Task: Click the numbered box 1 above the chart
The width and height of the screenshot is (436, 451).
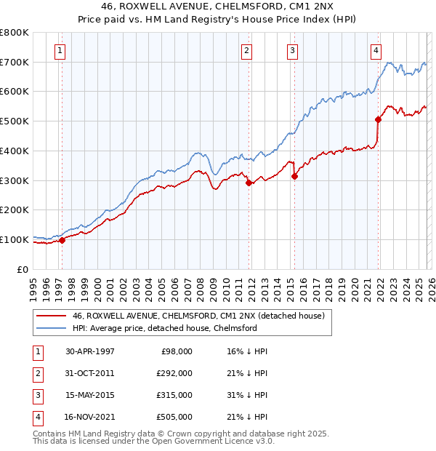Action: tap(59, 50)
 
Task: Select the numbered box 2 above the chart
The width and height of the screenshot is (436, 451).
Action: tap(247, 50)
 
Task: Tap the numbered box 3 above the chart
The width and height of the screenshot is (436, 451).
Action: tap(291, 50)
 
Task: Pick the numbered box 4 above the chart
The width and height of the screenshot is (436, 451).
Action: tap(376, 50)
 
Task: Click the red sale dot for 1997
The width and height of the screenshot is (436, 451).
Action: tap(62, 240)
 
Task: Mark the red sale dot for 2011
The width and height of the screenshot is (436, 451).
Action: tap(249, 183)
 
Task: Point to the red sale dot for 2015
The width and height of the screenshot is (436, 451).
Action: tap(294, 176)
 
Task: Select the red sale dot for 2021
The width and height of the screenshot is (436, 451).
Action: tap(378, 119)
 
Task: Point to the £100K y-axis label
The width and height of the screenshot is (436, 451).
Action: tap(15, 239)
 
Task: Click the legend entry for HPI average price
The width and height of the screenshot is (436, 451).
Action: tap(164, 328)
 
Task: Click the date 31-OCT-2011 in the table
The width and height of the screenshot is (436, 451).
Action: tap(90, 372)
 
